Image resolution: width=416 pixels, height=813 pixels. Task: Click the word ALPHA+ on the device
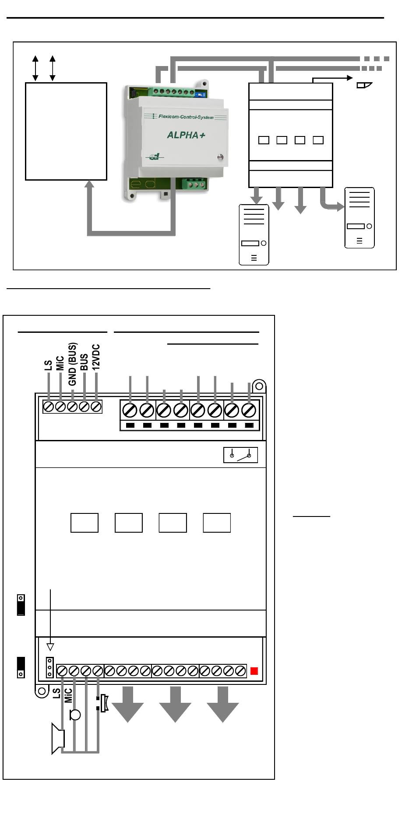pos(186,135)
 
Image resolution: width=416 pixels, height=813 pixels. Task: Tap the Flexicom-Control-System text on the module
pos(186,117)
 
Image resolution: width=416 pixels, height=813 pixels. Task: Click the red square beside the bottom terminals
pos(254,671)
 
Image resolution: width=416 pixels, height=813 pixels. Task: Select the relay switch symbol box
pos(240,455)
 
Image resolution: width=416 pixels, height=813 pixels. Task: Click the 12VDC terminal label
pos(96,357)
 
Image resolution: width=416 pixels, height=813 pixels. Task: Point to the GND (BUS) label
pos(73,364)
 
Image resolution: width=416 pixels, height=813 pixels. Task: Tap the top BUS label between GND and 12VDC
pos(85,362)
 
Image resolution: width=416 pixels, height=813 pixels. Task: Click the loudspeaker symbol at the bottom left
pos(58,739)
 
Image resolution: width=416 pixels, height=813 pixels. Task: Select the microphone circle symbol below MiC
pos(75,715)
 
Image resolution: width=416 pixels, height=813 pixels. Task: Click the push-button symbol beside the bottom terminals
pos(102,703)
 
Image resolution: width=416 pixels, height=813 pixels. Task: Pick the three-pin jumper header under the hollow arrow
pos(50,667)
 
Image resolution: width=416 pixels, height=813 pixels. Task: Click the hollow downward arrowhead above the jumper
pos(50,647)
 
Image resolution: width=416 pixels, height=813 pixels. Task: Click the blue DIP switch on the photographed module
pos(200,94)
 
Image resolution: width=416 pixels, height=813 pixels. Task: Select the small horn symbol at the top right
pos(364,85)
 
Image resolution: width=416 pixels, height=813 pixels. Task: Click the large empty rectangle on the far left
pos(66,131)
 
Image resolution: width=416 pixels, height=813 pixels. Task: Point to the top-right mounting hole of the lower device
pos(259,386)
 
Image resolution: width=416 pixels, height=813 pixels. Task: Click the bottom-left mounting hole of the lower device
pos(42,691)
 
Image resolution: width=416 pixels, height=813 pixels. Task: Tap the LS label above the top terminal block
pos(49,365)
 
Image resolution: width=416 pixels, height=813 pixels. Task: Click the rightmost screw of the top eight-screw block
pos(249,411)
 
